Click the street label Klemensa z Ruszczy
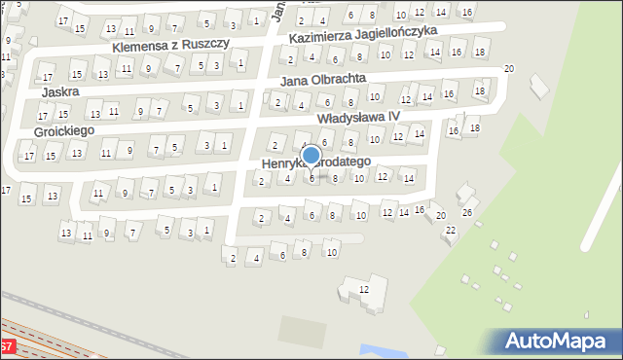tap(170, 46)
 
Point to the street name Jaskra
tap(60, 91)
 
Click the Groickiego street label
tap(65, 130)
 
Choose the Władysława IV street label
tap(358, 117)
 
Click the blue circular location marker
tap(311, 156)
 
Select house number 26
tap(467, 212)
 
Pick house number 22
tap(450, 230)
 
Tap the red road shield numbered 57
tap(6, 346)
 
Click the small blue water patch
tap(371, 349)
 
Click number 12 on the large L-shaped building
tap(364, 290)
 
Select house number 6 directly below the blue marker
tap(311, 178)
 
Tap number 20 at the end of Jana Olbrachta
tap(508, 69)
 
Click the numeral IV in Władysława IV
tap(393, 116)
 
